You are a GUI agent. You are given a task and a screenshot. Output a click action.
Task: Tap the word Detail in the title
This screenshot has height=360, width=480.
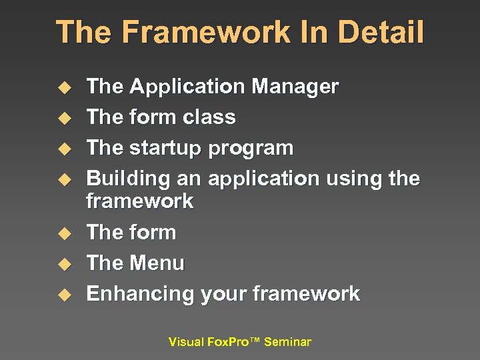(381, 32)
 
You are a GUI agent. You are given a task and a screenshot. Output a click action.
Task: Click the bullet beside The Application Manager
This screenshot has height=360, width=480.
(63, 87)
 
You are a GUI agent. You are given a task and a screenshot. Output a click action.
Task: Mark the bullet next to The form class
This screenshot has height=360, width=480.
(63, 118)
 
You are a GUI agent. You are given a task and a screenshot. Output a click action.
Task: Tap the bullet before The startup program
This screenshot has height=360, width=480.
(63, 149)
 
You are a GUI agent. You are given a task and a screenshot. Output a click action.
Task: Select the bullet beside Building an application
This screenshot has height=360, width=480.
(63, 179)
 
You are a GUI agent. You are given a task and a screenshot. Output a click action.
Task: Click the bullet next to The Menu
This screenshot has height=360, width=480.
(63, 264)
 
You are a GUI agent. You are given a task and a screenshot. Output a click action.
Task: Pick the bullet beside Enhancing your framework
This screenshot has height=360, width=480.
(63, 295)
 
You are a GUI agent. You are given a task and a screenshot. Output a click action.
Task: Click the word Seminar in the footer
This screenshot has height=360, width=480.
(287, 342)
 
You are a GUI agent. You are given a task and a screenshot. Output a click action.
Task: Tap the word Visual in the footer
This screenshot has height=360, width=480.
(186, 342)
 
